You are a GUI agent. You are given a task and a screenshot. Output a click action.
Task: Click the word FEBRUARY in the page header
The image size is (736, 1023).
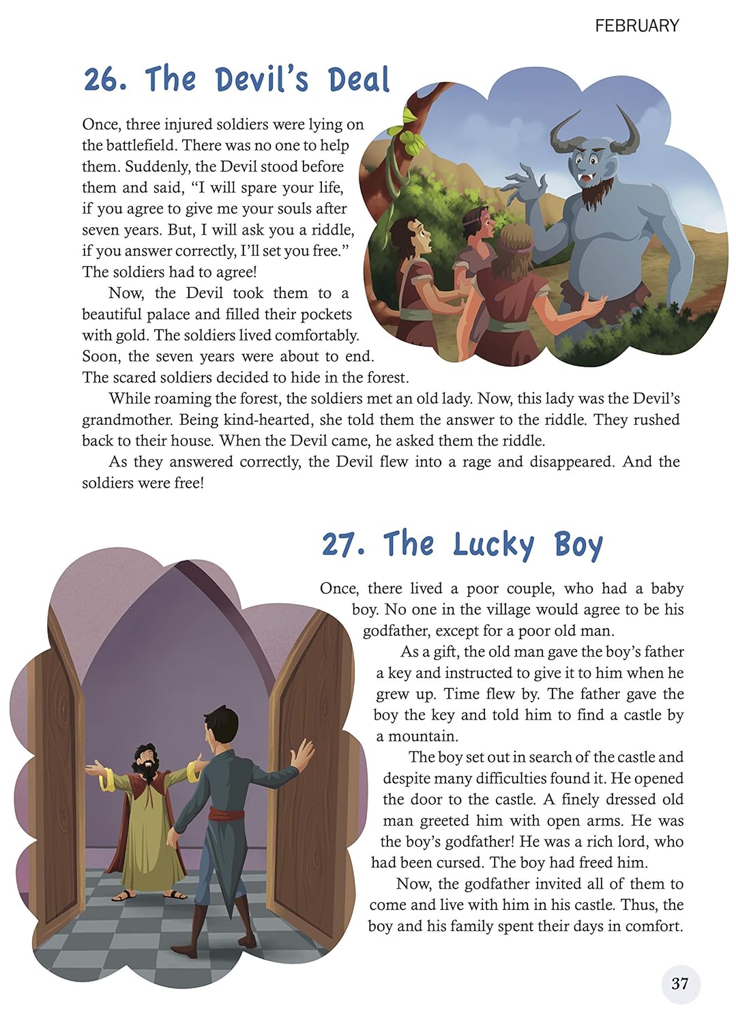pos(636,26)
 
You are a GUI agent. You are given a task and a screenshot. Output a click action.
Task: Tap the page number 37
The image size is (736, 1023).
pos(680,983)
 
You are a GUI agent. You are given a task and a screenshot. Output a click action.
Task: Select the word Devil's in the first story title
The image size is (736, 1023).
pos(262,80)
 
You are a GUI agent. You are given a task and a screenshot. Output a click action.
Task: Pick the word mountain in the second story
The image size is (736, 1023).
pos(423,737)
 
